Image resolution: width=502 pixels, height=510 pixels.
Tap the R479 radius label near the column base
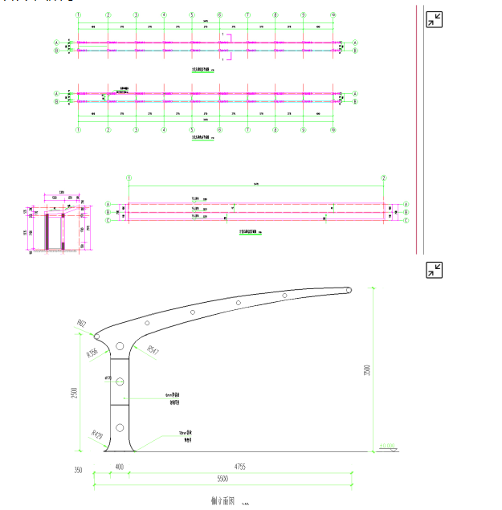(98, 436)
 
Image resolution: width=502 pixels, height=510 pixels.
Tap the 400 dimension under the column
(119, 467)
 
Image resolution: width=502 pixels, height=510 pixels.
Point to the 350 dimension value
(78, 470)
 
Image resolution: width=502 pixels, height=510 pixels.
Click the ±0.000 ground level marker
(387, 447)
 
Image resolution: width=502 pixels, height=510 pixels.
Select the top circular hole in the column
(120, 346)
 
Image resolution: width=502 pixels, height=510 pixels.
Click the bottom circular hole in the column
(120, 426)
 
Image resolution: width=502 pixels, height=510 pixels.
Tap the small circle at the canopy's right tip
(349, 290)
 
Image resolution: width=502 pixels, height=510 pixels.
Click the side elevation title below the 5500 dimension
(220, 500)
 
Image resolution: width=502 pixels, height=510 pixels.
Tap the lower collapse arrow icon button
(434, 270)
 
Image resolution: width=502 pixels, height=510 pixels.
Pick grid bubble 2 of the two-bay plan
(384, 177)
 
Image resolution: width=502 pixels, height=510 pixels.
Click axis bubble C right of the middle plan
(406, 220)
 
